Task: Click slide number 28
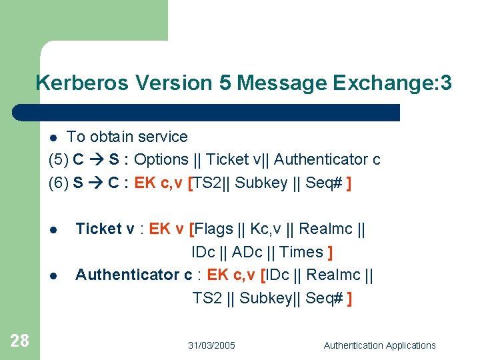click(x=20, y=341)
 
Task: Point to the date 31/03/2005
click(x=211, y=345)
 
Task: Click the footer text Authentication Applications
click(x=379, y=345)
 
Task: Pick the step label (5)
click(x=59, y=160)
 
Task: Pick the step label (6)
click(x=59, y=183)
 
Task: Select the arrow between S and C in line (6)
click(x=96, y=183)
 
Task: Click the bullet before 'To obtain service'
click(x=55, y=138)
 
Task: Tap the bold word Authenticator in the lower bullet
click(x=127, y=275)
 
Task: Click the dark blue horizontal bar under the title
click(x=207, y=112)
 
